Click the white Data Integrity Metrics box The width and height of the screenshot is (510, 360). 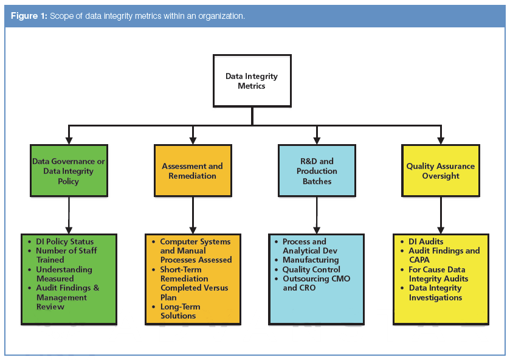click(x=251, y=81)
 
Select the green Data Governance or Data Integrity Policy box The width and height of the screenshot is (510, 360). click(x=69, y=171)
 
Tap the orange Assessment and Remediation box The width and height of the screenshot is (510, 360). click(x=192, y=171)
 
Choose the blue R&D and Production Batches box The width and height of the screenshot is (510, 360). click(x=316, y=171)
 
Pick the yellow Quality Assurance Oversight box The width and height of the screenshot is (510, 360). click(x=441, y=171)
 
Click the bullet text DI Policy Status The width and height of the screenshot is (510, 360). click(x=64, y=241)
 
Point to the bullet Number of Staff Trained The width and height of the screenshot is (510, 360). click(x=66, y=255)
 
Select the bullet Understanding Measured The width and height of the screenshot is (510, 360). click(x=64, y=274)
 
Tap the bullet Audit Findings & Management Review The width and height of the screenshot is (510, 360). click(x=67, y=297)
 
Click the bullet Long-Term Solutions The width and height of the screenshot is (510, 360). click(x=177, y=311)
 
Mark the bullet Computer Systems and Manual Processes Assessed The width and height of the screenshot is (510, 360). click(x=195, y=251)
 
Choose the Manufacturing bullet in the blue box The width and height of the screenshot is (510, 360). click(x=310, y=260)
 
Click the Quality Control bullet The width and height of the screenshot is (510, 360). click(x=311, y=269)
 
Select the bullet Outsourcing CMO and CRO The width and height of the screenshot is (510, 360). click(x=316, y=283)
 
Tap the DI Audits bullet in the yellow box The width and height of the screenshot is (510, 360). click(x=426, y=241)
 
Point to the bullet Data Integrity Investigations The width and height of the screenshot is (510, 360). click(x=435, y=292)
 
